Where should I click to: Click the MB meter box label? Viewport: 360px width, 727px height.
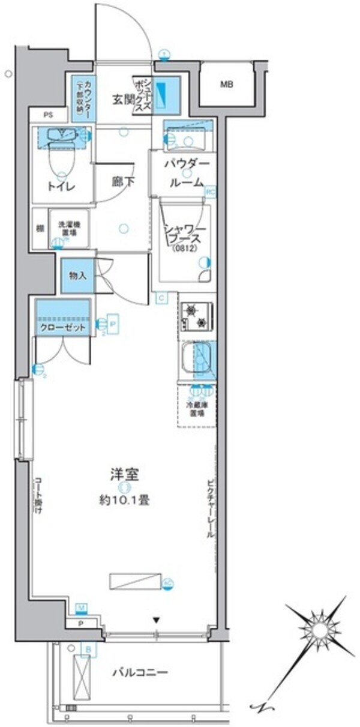(x=226, y=85)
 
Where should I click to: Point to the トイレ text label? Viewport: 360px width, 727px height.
(x=62, y=187)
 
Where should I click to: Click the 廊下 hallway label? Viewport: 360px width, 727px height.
(x=122, y=182)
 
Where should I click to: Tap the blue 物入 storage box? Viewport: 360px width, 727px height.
(x=77, y=276)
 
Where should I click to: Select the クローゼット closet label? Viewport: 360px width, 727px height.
(x=62, y=327)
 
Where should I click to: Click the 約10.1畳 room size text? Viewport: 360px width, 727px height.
(x=124, y=499)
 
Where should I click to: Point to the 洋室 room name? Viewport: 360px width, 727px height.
(x=124, y=475)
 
